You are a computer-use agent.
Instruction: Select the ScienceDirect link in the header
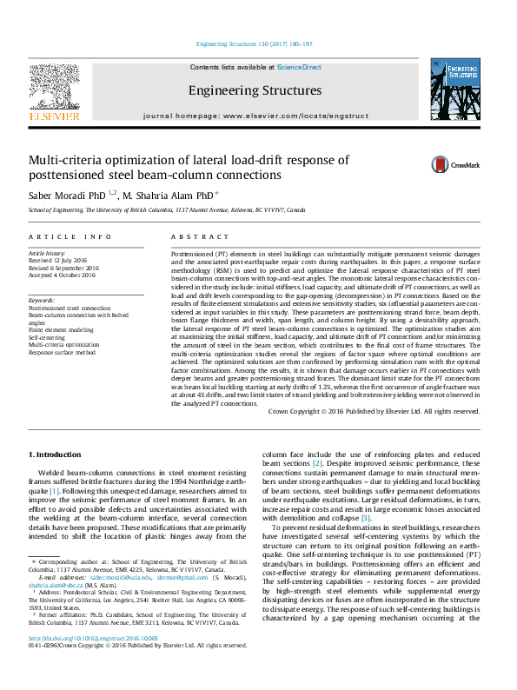[299, 67]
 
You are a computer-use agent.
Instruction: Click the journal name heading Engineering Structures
[255, 90]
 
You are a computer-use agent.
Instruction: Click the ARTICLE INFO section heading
[70, 237]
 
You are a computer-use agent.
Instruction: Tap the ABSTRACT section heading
[193, 237]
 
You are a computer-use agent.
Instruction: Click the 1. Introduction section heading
[56, 454]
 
